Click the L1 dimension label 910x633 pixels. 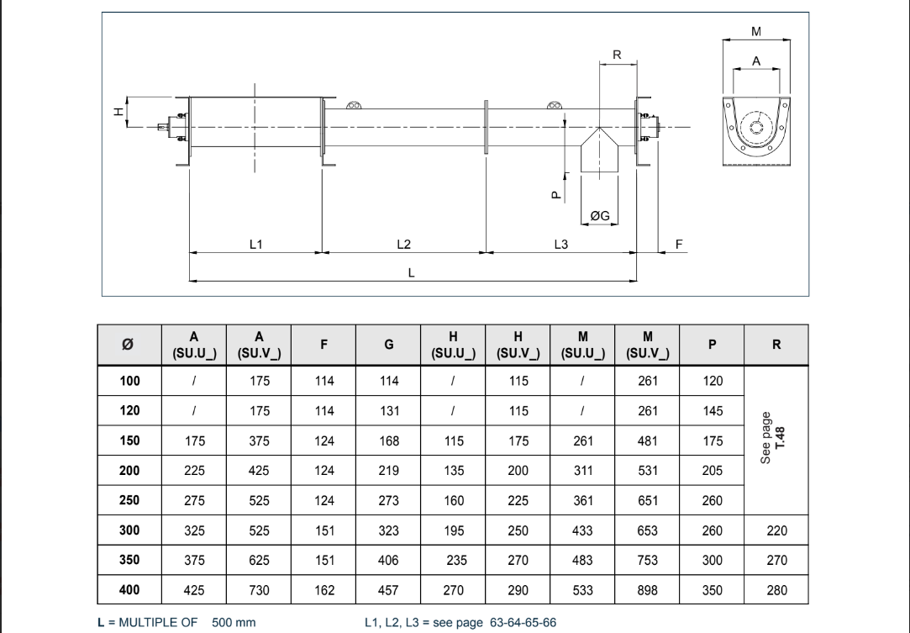256,244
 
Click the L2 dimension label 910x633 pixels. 404,244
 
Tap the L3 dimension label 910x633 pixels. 561,244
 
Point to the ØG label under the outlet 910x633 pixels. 600,216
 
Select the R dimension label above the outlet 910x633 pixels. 617,55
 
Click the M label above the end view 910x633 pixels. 756,31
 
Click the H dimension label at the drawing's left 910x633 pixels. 119,110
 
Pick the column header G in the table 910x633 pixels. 388,345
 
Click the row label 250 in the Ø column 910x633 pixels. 129,499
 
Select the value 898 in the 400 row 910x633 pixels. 647,590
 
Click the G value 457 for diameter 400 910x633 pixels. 388,590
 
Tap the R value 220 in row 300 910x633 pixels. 776,530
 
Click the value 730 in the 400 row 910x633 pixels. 259,590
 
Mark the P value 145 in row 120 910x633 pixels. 713,411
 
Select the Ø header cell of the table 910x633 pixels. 129,345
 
